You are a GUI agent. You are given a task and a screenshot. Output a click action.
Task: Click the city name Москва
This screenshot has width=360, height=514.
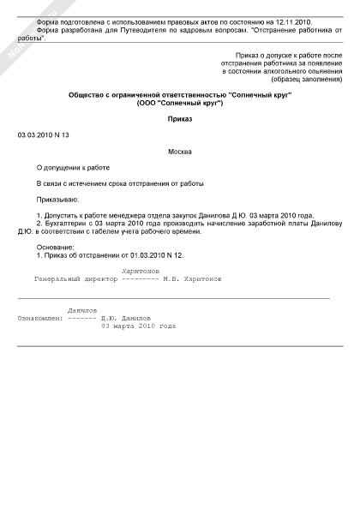pos(180,151)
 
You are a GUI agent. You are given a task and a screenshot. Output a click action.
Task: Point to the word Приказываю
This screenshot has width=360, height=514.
pos(57,198)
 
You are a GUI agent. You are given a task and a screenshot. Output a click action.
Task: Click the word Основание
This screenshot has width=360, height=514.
pos(56,247)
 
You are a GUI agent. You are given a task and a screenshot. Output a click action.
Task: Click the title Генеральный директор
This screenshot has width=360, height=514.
pos(75,278)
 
